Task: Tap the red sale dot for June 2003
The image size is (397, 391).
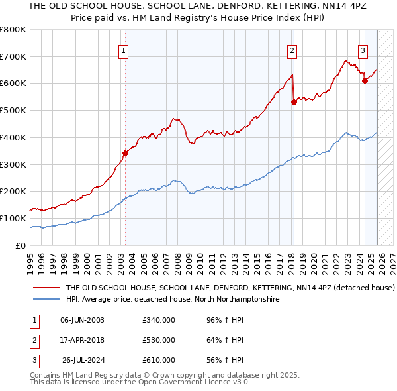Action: coord(126,154)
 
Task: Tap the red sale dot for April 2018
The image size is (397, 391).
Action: coord(294,102)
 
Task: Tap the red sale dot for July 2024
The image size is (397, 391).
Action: coord(365,81)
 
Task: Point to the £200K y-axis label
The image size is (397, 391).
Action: coord(13,192)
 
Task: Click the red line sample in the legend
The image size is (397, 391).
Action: coord(46,288)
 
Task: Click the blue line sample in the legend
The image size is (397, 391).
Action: coord(46,300)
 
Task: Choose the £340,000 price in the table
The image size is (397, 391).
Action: coord(159,320)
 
